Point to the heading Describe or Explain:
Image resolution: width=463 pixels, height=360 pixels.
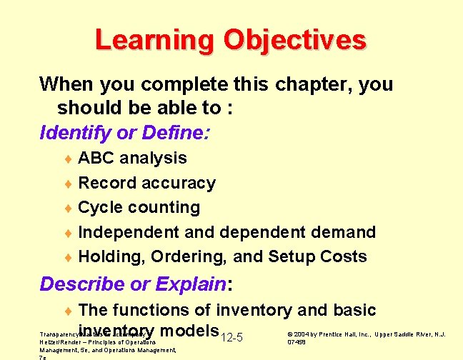(136, 284)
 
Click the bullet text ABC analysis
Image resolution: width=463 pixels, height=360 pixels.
(132, 158)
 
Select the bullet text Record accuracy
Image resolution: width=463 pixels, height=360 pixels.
(146, 183)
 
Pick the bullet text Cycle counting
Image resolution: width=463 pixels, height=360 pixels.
(139, 207)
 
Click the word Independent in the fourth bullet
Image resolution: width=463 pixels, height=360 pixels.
(128, 232)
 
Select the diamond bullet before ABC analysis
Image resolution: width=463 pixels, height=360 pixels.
(69, 159)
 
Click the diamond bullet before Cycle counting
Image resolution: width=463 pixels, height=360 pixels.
(69, 208)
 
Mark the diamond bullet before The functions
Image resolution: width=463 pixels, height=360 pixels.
(69, 311)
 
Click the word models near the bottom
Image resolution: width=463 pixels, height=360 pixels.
(189, 331)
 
